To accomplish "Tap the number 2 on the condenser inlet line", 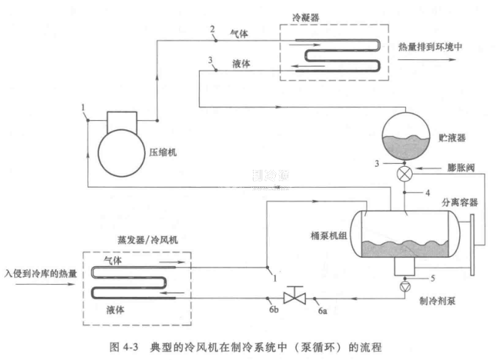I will pyautogui.click(x=213, y=29).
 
